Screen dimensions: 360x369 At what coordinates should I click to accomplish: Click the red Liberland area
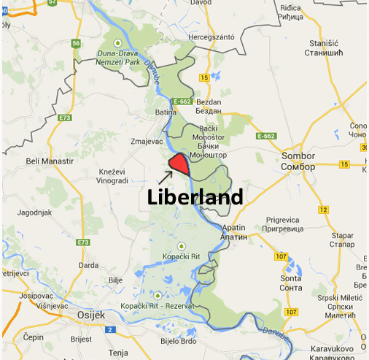[179, 164]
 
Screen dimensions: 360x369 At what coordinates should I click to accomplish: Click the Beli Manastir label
[50, 161]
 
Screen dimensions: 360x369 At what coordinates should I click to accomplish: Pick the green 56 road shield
[76, 43]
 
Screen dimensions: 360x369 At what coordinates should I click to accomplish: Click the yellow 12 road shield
[323, 210]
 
